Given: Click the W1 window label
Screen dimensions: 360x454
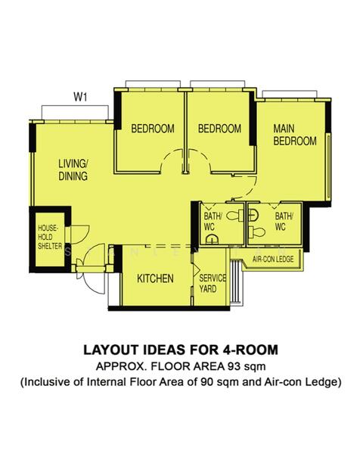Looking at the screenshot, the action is click(80, 97).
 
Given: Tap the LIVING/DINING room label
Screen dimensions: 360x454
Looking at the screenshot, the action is click(73, 169).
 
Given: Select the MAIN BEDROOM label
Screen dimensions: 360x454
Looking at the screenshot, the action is click(295, 135).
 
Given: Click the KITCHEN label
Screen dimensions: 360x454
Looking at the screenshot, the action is click(155, 278).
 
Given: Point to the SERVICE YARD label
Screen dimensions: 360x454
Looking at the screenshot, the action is click(213, 284).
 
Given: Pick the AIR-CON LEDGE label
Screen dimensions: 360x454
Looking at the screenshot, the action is click(273, 259).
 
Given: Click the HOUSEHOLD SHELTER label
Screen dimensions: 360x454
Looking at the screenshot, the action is click(50, 237).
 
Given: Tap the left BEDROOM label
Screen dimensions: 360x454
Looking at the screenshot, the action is click(153, 129).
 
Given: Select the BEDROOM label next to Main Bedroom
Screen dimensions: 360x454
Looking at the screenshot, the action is click(219, 129).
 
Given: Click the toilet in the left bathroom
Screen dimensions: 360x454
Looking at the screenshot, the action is click(234, 216).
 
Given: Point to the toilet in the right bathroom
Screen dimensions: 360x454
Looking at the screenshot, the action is click(257, 232).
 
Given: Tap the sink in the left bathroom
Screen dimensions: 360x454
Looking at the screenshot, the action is click(212, 239).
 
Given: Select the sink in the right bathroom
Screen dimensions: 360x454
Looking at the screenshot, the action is click(253, 216).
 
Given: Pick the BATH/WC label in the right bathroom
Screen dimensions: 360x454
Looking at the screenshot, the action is click(284, 222).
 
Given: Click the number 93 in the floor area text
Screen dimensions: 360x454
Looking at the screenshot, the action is click(234, 366).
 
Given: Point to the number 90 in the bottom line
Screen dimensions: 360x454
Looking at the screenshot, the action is click(206, 382).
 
